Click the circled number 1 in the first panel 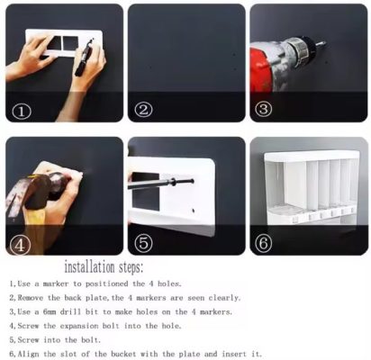pyautogui.click(x=22, y=112)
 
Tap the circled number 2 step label pyautogui.click(x=143, y=110)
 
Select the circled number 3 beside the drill pyautogui.click(x=263, y=109)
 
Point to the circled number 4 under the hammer pyautogui.click(x=20, y=246)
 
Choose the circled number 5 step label pyautogui.click(x=144, y=244)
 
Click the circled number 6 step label pyautogui.click(x=263, y=243)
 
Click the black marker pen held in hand pyautogui.click(x=84, y=57)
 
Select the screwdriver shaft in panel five pyautogui.click(x=160, y=184)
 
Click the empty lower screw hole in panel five pyautogui.click(x=194, y=211)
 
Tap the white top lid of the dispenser pyautogui.click(x=312, y=156)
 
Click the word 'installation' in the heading pyautogui.click(x=89, y=267)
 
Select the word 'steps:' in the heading pyautogui.click(x=131, y=267)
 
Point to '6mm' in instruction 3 pyautogui.click(x=50, y=312)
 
